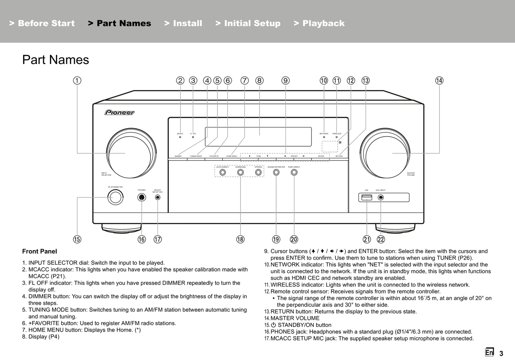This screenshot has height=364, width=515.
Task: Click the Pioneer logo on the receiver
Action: click(119, 112)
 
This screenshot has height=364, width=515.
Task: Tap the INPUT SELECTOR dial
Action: click(131, 153)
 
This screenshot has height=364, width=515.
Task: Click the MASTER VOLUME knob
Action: click(385, 153)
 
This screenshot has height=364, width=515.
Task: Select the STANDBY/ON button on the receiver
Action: click(115, 197)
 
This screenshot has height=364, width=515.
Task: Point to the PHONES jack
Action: click(141, 197)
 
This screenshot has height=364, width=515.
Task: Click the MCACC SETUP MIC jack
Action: click(158, 197)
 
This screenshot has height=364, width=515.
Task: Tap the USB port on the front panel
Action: click(367, 197)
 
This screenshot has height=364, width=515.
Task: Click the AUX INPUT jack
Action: click(381, 197)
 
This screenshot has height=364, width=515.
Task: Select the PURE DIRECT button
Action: click(294, 173)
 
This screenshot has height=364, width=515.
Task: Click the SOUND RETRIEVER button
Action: click(276, 173)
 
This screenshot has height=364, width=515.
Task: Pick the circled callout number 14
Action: click(439, 80)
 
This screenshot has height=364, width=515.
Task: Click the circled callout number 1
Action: click(77, 80)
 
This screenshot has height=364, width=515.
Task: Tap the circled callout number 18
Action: click(240, 239)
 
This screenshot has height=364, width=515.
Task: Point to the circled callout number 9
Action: click(285, 80)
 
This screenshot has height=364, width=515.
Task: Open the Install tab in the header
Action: click(183, 23)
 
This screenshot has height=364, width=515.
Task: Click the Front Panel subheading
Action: click(40, 252)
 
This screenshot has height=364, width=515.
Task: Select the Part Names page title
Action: click(56, 60)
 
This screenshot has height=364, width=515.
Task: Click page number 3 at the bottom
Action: click(501, 353)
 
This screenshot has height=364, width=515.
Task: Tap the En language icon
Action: click(489, 352)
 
